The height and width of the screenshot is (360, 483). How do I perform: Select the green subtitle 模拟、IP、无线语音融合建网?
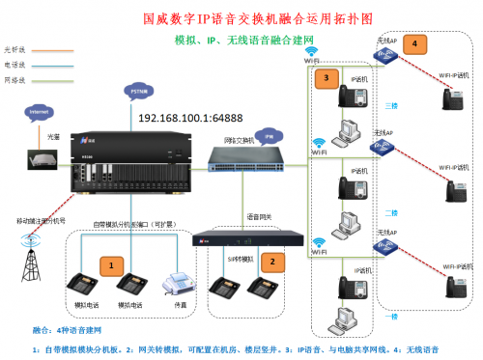(x=241, y=42)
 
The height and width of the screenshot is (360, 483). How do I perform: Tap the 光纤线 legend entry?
(x=14, y=47)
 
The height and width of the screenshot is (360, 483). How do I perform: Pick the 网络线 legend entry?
(x=14, y=81)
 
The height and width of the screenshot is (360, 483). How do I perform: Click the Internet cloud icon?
(x=39, y=113)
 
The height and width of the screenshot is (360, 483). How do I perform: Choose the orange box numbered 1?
(x=113, y=263)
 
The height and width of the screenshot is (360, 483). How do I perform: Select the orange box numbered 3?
(x=327, y=76)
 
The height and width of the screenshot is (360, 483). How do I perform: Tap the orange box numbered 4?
(x=413, y=44)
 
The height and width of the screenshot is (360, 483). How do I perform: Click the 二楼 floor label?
(x=390, y=212)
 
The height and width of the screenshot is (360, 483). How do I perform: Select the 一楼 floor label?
(x=390, y=315)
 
